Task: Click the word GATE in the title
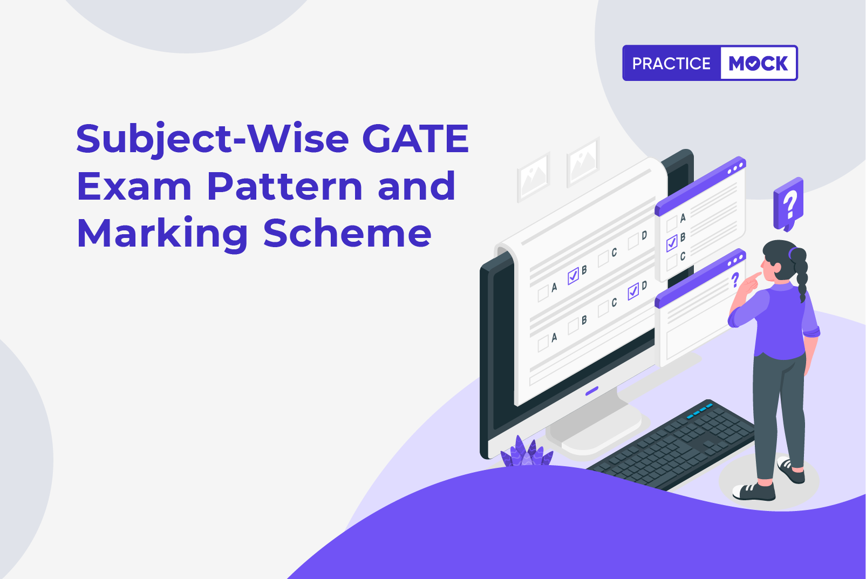[x=415, y=138]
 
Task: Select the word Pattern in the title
[x=285, y=186]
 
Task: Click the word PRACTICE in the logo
[x=671, y=63]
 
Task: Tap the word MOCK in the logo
[x=758, y=63]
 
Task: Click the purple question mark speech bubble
[x=789, y=204]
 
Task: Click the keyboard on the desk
[x=673, y=445]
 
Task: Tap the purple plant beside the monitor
[x=527, y=452]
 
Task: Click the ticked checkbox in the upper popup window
[x=672, y=243]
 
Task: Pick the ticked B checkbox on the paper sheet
[x=573, y=276]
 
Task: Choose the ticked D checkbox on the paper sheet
[x=633, y=291]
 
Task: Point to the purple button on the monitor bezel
[x=592, y=391]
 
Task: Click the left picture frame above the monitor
[x=534, y=177]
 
